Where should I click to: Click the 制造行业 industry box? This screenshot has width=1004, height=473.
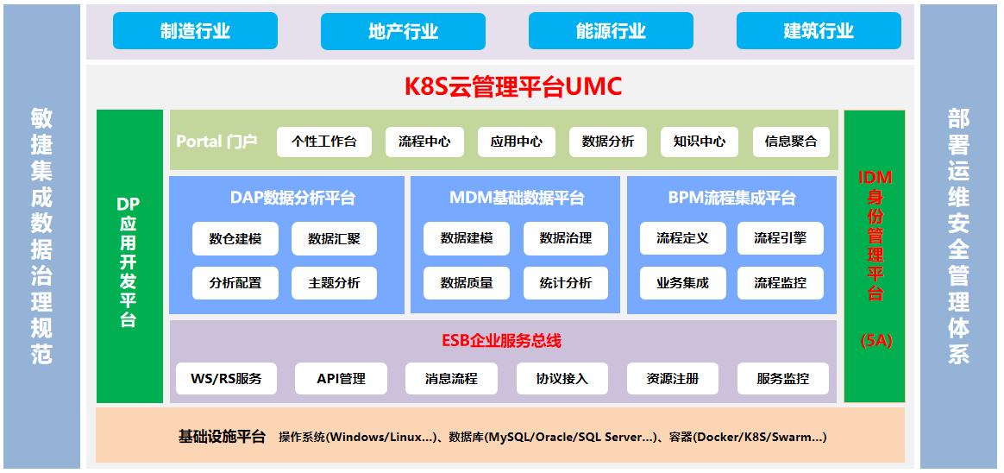click(195, 31)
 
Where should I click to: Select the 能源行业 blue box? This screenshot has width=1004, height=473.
click(611, 31)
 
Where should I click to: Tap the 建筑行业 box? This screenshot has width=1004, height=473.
click(819, 31)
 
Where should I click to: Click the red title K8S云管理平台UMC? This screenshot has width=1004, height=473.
click(513, 86)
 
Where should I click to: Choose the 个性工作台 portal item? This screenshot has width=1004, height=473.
click(324, 142)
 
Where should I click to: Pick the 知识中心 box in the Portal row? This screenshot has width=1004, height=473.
click(700, 142)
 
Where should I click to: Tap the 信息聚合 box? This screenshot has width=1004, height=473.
click(792, 142)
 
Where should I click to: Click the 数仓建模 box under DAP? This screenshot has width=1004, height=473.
click(235, 239)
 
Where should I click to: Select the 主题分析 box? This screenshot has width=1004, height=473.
click(335, 282)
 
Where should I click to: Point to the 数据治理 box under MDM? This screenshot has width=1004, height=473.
click(565, 239)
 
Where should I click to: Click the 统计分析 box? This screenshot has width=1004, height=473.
click(565, 282)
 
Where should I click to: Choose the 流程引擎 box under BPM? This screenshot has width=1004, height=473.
click(781, 239)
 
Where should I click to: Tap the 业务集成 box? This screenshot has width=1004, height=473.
click(682, 282)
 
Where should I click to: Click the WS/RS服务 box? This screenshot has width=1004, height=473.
click(226, 379)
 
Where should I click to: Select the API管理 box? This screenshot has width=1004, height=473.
click(342, 379)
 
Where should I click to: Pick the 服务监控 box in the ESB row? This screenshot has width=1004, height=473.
click(783, 379)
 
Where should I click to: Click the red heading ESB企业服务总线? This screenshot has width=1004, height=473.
click(502, 341)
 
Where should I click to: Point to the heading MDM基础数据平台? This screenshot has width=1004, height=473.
click(517, 198)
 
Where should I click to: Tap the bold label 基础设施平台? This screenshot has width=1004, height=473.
click(222, 438)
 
